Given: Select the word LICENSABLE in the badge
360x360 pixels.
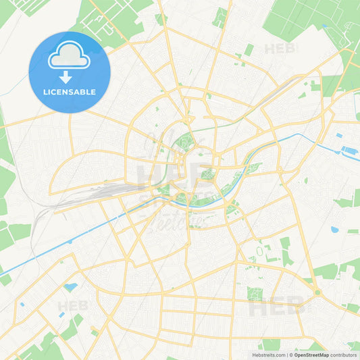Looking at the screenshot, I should coord(69,91).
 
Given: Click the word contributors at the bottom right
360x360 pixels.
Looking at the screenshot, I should coord(344,355).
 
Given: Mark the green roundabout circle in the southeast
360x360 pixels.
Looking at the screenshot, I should coord(317,292).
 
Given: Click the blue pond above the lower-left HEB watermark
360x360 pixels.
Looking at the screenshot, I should coord(70,287).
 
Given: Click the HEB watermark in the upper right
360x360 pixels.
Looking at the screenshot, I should coord(281,49).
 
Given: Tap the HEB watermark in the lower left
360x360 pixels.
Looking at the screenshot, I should coord(72,306).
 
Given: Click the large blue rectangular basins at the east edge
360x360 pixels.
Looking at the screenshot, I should coord(350,149).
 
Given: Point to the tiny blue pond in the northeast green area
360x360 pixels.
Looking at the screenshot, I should coord(325,26).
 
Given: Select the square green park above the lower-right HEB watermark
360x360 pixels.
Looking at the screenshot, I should coord(255,293).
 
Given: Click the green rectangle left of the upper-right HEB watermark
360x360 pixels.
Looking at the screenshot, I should coord(249,50).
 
